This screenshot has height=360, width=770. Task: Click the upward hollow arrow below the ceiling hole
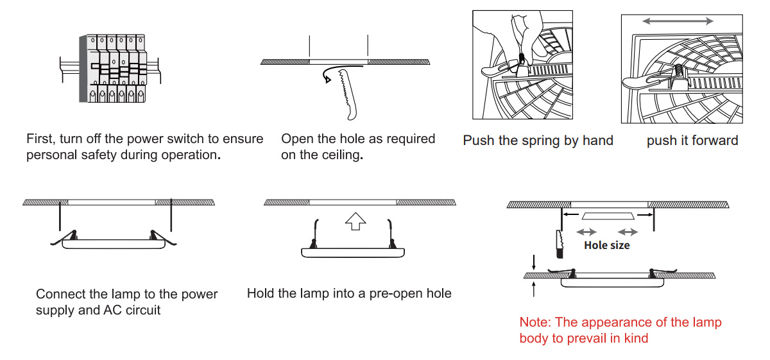tap(355, 221)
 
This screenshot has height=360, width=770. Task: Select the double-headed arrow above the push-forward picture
tap(678, 21)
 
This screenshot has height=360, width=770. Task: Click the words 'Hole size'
tap(606, 245)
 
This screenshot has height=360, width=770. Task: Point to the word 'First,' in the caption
tap(40, 139)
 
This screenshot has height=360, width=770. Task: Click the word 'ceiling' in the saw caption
tap(339, 155)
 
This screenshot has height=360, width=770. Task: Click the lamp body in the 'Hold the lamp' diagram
tap(354, 252)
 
